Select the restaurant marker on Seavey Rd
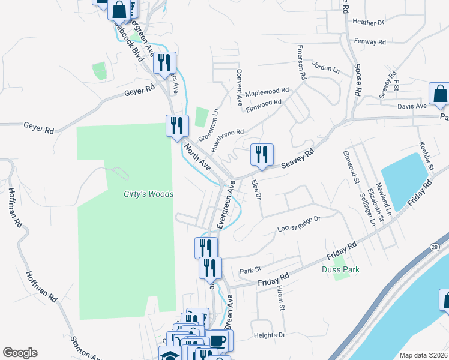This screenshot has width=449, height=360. pos(262,155)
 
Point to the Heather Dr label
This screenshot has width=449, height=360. pos(369,23)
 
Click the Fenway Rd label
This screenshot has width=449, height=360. pos(370,42)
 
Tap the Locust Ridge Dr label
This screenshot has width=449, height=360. pos(299,225)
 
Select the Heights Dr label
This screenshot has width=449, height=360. pos(269,335)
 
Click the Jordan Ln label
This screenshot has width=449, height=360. pos(326,69)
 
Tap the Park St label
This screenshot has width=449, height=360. pos(251,269)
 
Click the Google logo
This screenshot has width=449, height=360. pos(20,353)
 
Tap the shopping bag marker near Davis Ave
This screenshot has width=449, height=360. pos(440,94)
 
